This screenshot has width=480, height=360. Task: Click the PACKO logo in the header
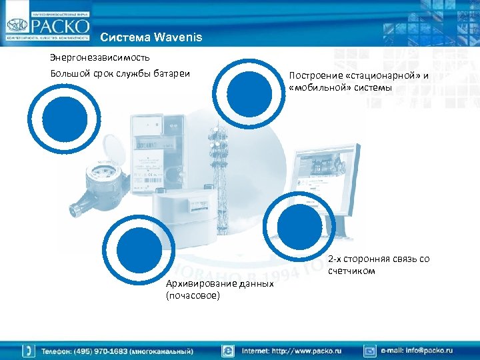(47, 25)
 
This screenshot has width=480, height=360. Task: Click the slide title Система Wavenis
(147, 37)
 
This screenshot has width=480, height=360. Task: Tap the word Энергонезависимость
(93, 57)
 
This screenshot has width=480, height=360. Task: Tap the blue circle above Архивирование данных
(139, 246)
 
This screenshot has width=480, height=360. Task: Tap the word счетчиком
(351, 271)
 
